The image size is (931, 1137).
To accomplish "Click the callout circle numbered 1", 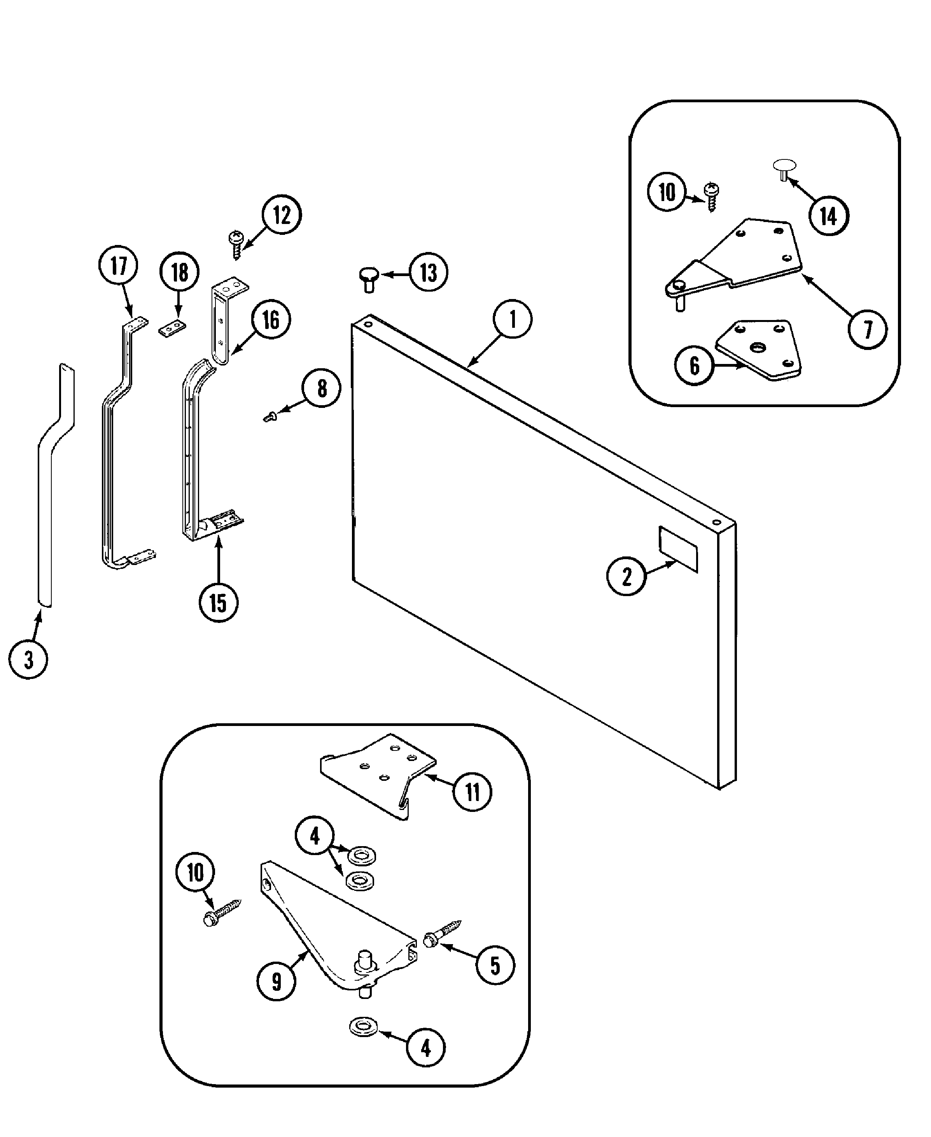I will point(512,319).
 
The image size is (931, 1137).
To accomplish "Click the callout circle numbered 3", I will point(28,659).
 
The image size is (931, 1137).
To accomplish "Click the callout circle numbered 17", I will point(119,266).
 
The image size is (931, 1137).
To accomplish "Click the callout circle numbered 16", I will point(271,320).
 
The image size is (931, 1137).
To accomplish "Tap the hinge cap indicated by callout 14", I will point(784,168).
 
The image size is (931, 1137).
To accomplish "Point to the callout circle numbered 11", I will point(472,791).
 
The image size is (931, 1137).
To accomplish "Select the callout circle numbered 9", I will point(276,981).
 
